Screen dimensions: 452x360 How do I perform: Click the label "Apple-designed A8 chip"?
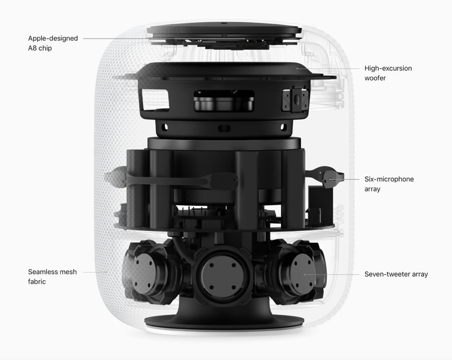tap(53, 43)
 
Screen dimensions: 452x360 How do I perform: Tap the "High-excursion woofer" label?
tap(388, 73)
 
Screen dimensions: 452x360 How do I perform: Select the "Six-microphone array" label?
tap(389, 184)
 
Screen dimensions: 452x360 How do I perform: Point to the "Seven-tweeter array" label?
tap(396, 274)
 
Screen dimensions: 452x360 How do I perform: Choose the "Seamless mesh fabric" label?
tap(52, 276)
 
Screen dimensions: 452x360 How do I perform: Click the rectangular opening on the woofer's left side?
tap(155, 98)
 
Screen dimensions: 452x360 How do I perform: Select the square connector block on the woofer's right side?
tap(295, 101)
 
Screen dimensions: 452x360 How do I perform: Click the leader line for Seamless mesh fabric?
tap(95, 272)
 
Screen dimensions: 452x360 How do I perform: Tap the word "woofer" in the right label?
tap(375, 78)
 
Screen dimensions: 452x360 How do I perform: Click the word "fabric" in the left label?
tap(37, 281)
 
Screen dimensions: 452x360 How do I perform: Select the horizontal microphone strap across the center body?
tap(179, 181)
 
